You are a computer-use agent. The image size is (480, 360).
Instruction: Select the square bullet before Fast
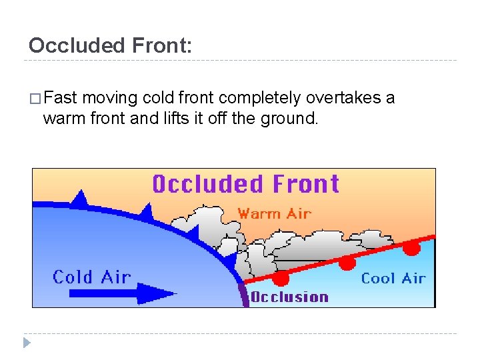pos(36,99)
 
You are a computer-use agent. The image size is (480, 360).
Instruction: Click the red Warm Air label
pos(275,214)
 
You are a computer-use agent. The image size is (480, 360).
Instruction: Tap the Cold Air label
pos(91,277)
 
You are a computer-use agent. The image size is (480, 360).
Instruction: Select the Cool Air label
pos(393,278)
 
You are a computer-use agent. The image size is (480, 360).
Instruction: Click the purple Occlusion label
pos(289,297)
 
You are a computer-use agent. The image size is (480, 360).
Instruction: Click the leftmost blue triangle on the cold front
pos(81,198)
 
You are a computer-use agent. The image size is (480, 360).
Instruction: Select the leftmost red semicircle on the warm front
pos(281,277)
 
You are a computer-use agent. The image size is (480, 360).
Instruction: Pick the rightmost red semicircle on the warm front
pos(412,249)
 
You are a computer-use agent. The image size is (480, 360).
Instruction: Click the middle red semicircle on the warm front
pos(347,263)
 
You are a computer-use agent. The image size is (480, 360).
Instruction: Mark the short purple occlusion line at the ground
pos(244,295)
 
